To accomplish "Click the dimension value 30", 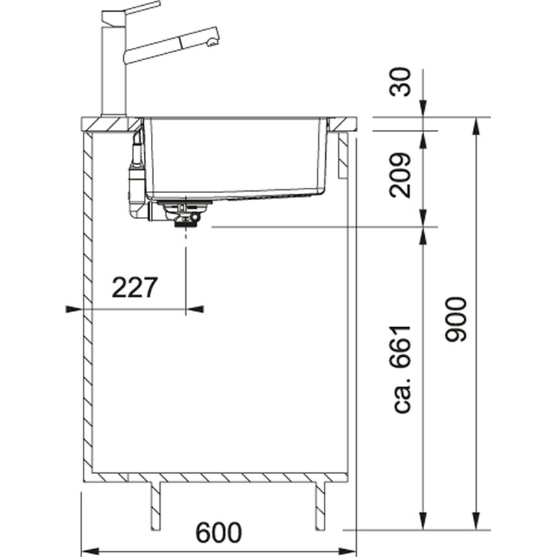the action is pyautogui.click(x=400, y=82).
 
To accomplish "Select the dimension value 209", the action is pyautogui.click(x=400, y=176).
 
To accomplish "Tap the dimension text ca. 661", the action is pyautogui.click(x=402, y=369).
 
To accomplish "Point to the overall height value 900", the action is pyautogui.click(x=455, y=319).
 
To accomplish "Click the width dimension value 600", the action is pyautogui.click(x=218, y=532).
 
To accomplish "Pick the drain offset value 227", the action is pyautogui.click(x=134, y=288).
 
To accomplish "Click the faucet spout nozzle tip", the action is pyautogui.click(x=212, y=43).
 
